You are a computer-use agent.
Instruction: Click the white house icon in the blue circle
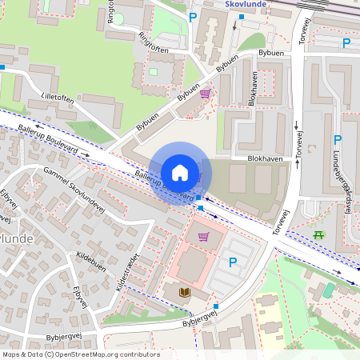tap(179, 172)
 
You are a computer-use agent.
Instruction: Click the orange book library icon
tap(185, 293)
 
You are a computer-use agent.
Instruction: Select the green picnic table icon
tap(320, 234)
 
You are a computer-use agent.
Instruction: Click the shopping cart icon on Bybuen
tap(205, 94)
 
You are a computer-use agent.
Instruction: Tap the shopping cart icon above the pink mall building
tap(203, 236)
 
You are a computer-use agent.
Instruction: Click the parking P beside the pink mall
tap(233, 262)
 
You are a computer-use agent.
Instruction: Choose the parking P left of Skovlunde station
tap(192, 17)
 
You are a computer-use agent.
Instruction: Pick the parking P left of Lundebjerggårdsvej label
tap(337, 139)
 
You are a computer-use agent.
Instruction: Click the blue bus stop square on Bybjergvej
tap(216, 305)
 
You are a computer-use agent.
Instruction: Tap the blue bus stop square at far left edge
tap(3, 67)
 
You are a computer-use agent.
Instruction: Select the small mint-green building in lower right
tap(328, 289)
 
